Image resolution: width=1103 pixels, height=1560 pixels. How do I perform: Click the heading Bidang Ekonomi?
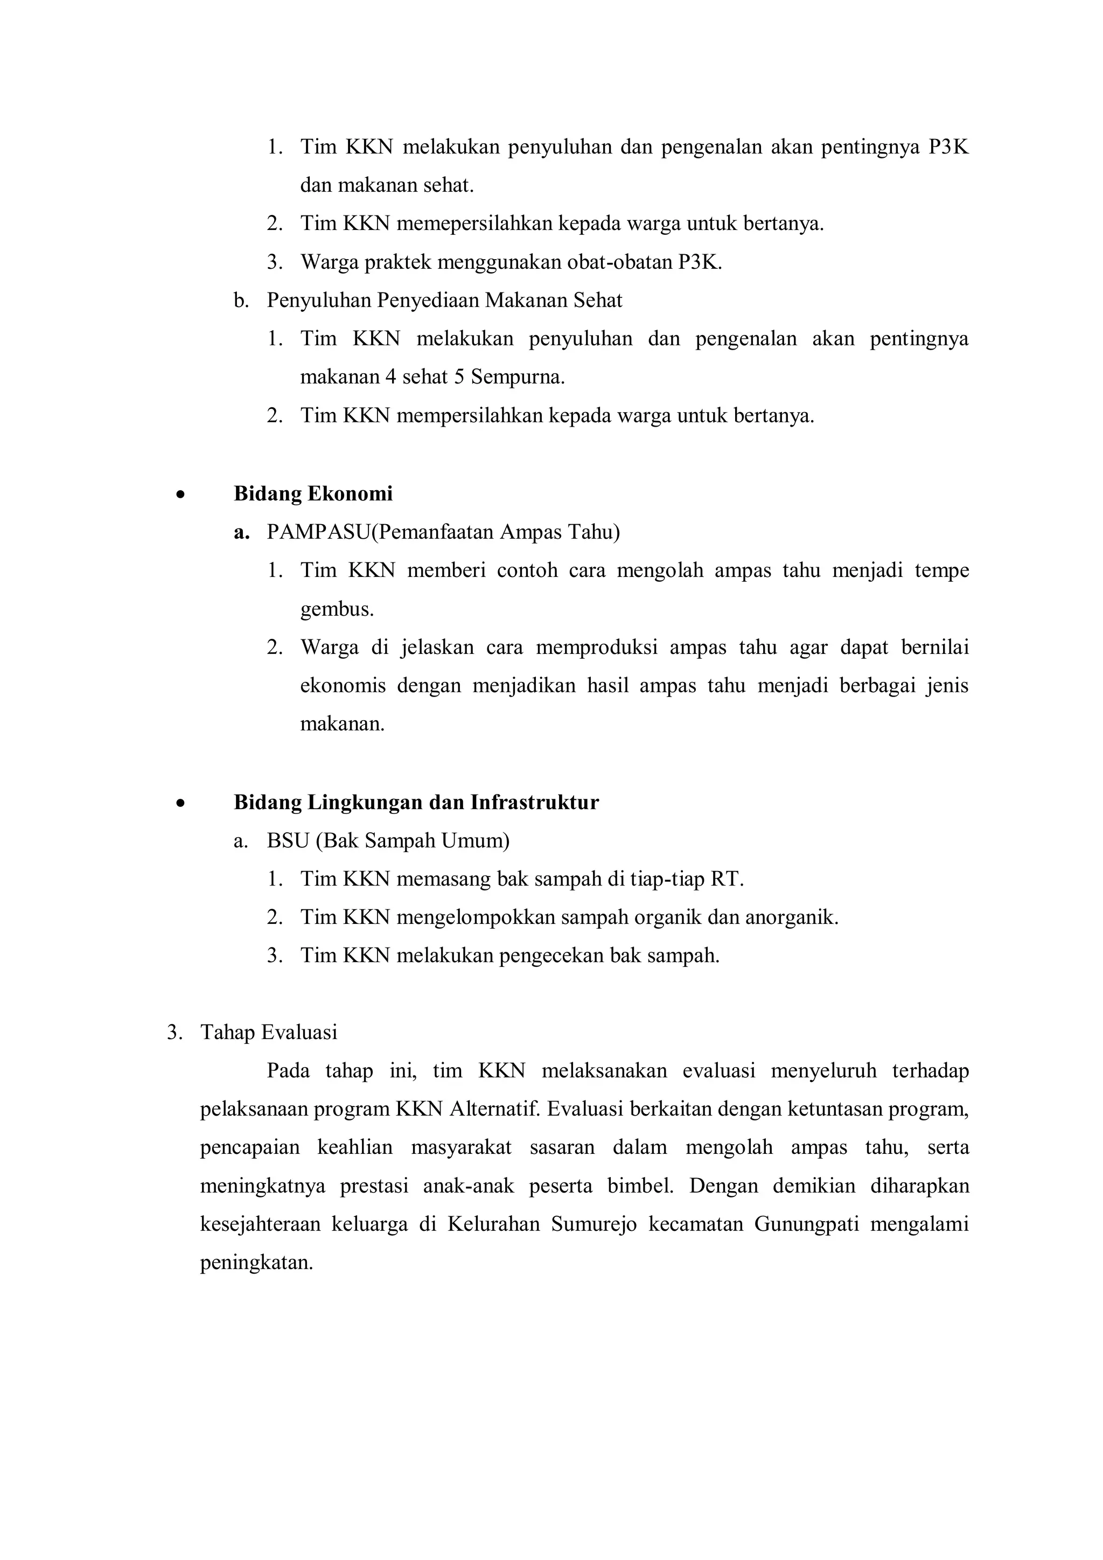313,494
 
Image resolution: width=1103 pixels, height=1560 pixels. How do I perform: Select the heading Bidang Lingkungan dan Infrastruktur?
416,803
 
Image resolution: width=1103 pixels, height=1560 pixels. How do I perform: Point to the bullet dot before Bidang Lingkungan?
179,804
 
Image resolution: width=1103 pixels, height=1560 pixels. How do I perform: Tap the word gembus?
337,609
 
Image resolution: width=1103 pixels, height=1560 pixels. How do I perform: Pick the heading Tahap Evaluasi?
268,1033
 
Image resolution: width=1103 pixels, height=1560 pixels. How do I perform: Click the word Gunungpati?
806,1224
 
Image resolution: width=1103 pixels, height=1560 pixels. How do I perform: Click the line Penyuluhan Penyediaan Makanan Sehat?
444,301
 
